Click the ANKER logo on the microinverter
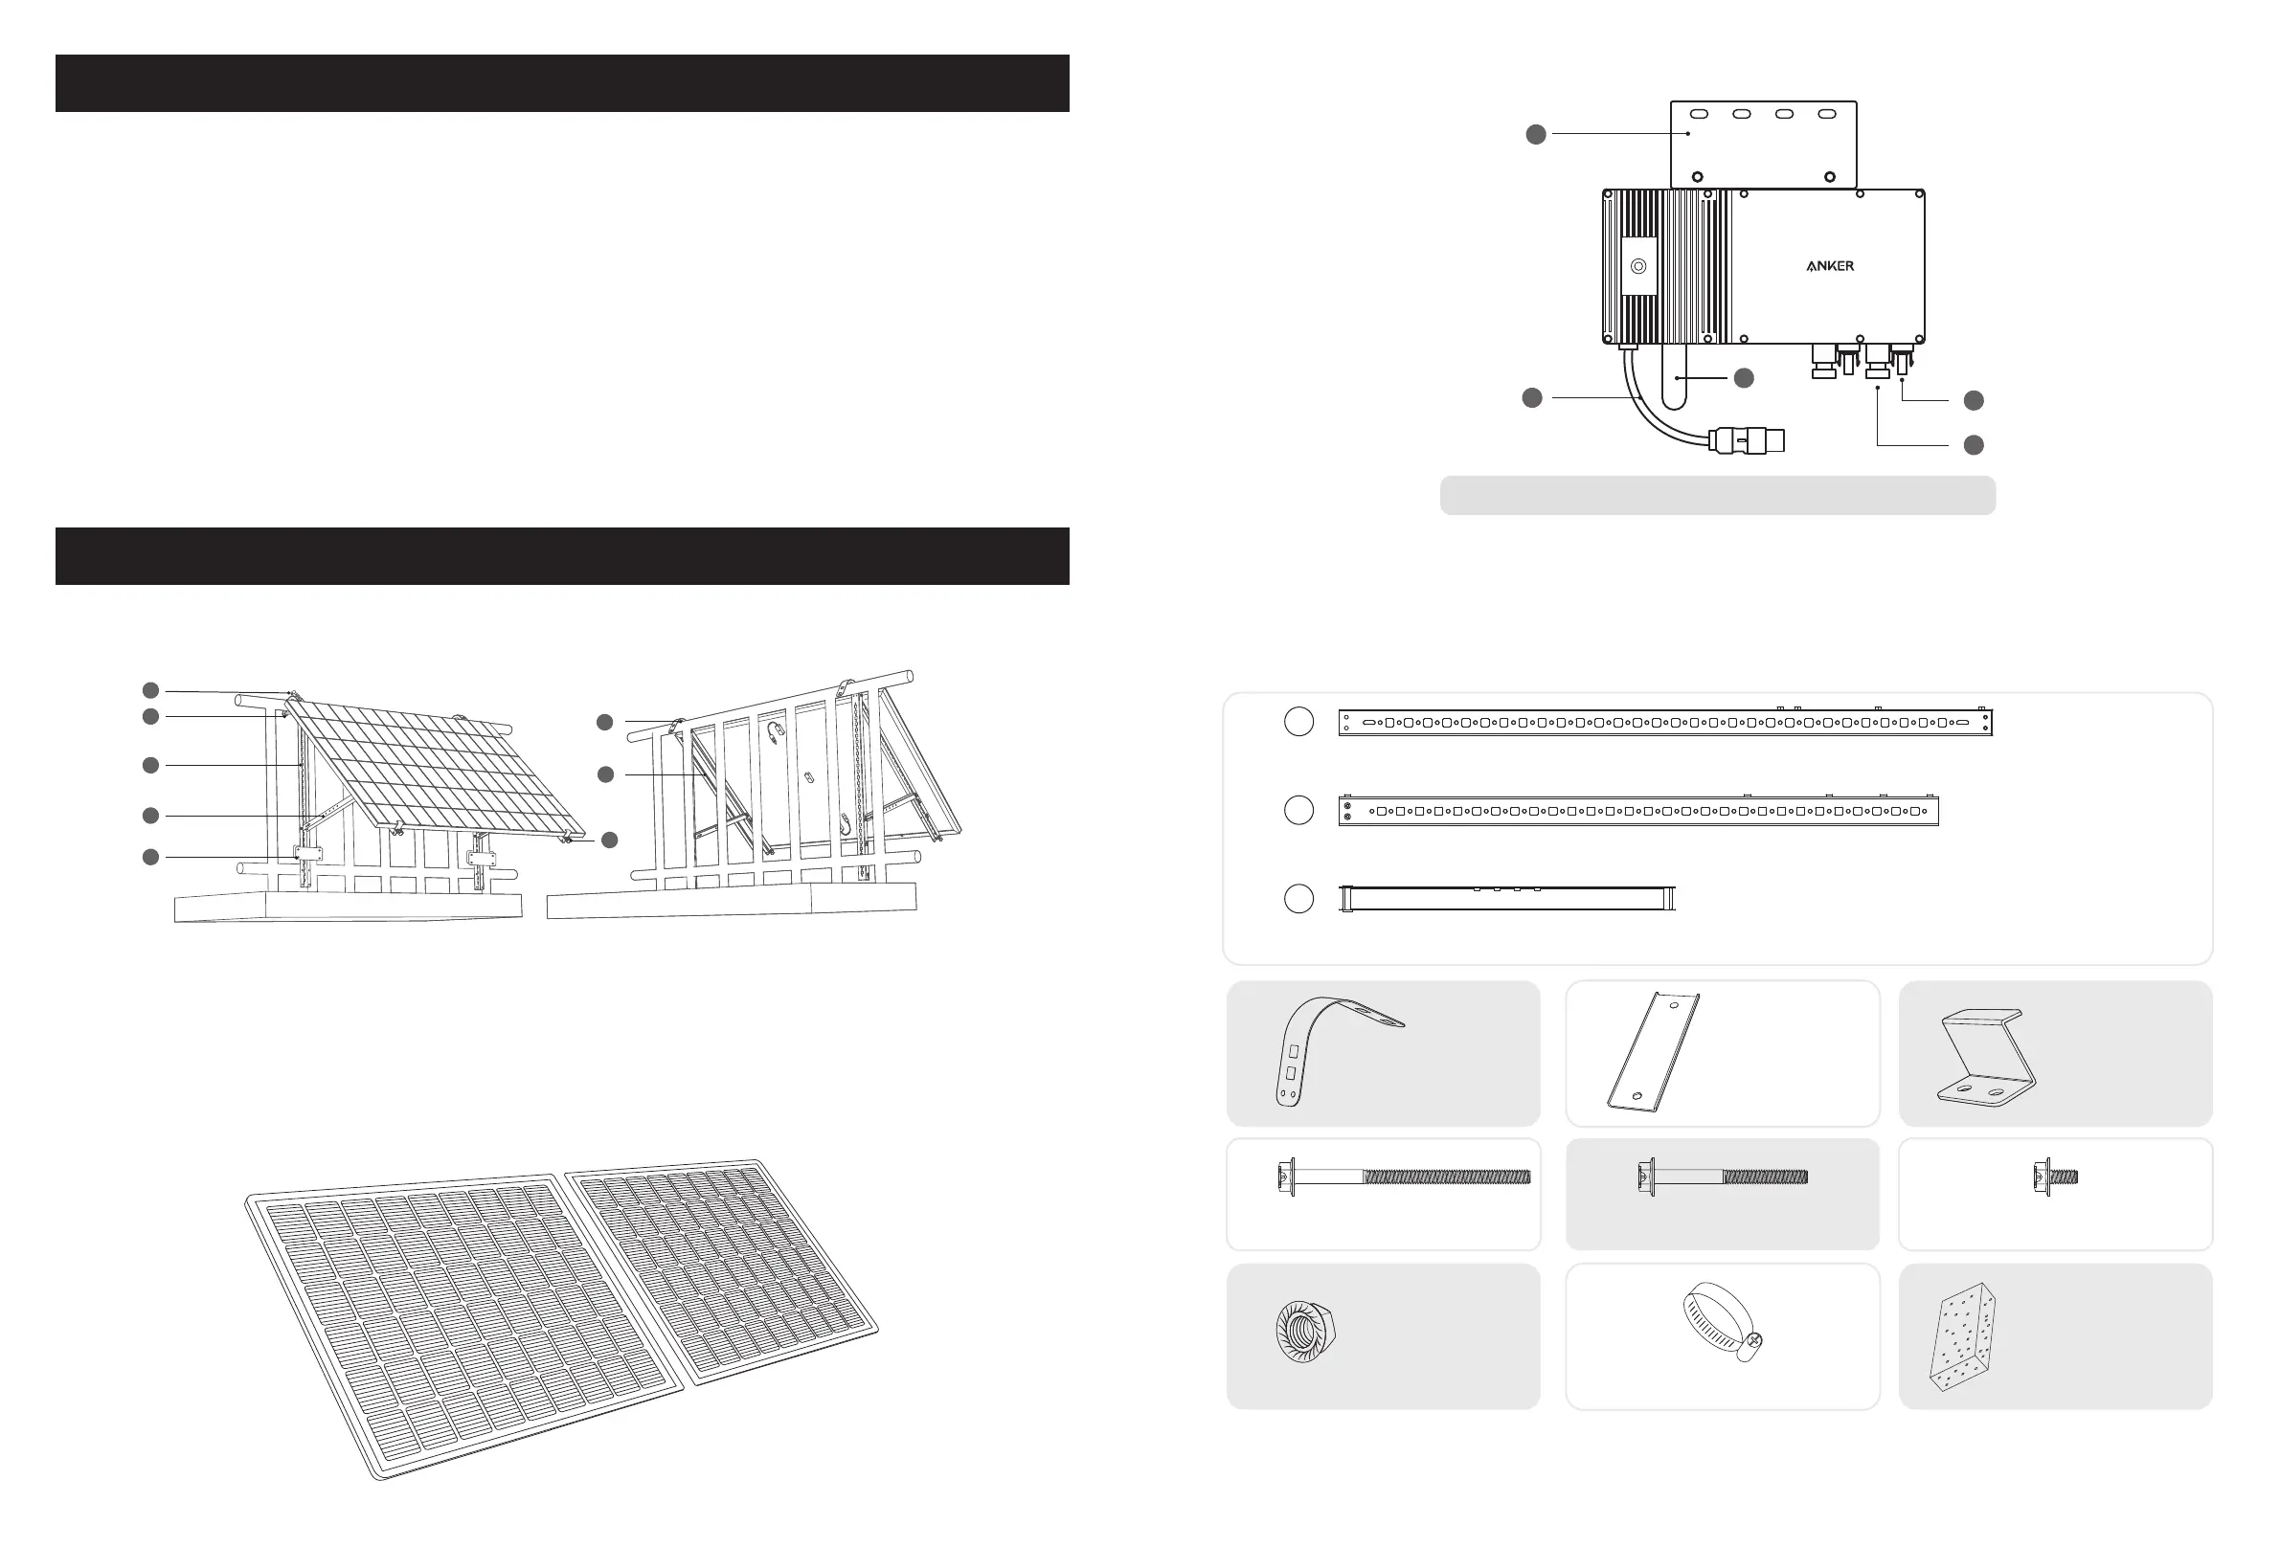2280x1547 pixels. click(1830, 266)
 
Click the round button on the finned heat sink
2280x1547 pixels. click(1638, 267)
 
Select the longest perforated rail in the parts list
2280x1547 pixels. click(1665, 723)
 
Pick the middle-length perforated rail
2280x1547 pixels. click(1638, 811)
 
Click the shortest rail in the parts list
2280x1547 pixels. click(1507, 898)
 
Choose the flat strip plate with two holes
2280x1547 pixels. click(1654, 1052)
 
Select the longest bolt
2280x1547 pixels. click(1404, 1177)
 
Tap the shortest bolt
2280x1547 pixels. click(2055, 1176)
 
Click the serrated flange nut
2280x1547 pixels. click(1305, 1331)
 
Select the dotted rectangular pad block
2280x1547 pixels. click(1962, 1336)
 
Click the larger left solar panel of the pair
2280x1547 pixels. click(462, 1324)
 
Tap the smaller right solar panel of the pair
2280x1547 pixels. click(721, 1266)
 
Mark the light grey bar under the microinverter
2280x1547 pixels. click(1717, 495)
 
